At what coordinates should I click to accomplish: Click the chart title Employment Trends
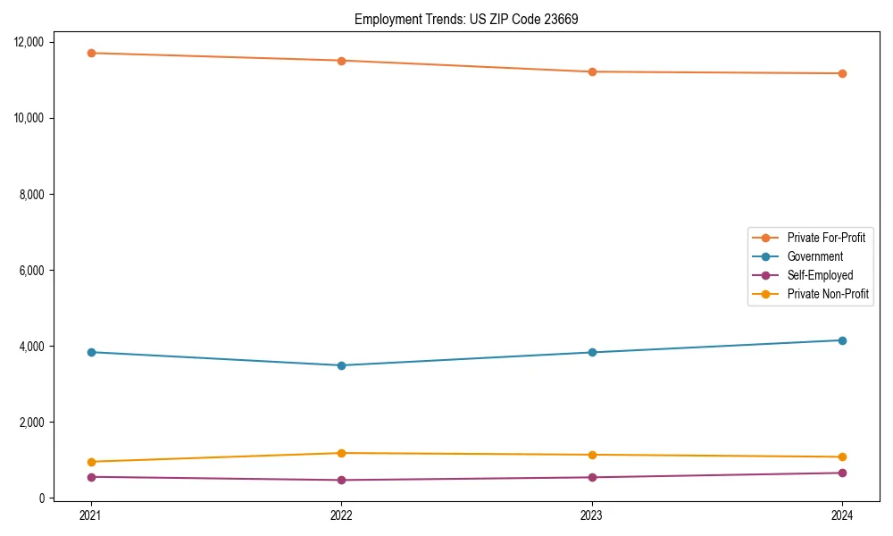[466, 19]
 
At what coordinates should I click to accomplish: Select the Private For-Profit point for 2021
[90, 53]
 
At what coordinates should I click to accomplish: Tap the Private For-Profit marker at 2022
[341, 61]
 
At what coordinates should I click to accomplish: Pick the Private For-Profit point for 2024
[842, 73]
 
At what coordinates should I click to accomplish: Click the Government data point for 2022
[341, 365]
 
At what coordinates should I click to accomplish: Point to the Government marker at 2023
[592, 352]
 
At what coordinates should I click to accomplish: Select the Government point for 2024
[842, 340]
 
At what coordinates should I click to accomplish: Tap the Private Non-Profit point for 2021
[90, 462]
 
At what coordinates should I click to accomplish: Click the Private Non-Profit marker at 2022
[341, 453]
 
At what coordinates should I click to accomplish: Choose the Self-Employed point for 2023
[592, 477]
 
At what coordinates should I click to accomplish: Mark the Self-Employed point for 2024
[842, 473]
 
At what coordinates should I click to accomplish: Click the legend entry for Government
[814, 256]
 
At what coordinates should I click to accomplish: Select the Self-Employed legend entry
[820, 275]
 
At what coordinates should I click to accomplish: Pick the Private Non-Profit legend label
[828, 294]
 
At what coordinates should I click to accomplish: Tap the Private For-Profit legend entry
[826, 238]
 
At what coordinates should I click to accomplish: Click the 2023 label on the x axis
[592, 515]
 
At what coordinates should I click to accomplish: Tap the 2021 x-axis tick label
[90, 515]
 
